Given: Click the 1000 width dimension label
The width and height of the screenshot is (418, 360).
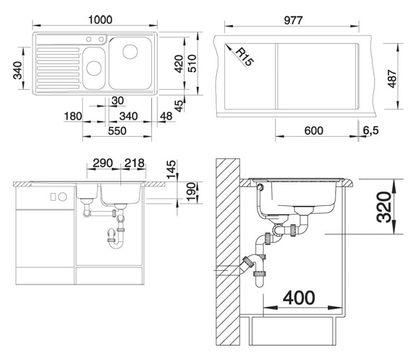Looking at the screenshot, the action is (100, 19).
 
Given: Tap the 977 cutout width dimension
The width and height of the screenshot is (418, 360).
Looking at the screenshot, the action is (293, 20).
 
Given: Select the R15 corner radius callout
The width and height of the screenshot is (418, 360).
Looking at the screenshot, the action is (244, 57).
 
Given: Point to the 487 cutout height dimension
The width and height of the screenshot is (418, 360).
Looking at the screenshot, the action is (392, 78).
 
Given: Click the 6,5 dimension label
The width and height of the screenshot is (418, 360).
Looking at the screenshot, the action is (370, 130).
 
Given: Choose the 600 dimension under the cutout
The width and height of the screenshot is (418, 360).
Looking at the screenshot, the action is (313, 131).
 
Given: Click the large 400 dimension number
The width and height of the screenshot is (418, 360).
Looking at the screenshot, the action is (299, 297).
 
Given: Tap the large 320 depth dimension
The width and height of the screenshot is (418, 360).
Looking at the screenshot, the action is (384, 207).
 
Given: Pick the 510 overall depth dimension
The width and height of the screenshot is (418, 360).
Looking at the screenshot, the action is (192, 63).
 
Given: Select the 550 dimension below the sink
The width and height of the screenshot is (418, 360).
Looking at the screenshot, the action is (117, 131).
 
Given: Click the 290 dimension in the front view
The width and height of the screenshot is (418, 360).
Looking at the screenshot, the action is (102, 163).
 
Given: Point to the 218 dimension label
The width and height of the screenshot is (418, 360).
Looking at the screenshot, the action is (135, 163).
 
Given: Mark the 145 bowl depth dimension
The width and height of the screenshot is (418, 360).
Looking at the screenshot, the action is (171, 169).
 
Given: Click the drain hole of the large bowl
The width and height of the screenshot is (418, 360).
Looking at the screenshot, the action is (130, 51).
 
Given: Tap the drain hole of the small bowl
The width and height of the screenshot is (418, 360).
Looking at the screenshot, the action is (94, 68).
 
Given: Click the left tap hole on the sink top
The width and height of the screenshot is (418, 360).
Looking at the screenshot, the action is (89, 40).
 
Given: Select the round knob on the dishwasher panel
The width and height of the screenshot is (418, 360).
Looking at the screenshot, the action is (63, 197).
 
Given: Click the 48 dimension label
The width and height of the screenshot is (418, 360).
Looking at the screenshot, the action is (166, 116).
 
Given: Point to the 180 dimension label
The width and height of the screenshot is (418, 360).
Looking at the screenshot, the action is (73, 117).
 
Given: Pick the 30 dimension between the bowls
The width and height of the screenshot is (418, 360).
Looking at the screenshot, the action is (117, 101).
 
